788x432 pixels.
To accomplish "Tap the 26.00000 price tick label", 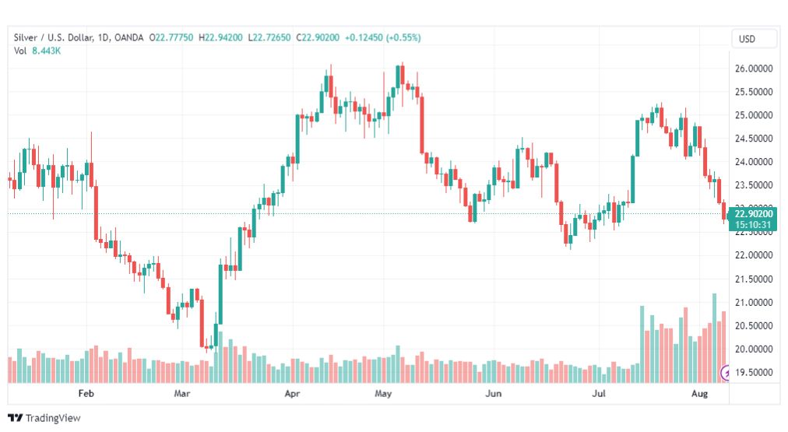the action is tap(753, 68).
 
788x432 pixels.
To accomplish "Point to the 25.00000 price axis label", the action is tap(753, 115).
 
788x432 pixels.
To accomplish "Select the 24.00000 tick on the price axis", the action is tap(753, 162).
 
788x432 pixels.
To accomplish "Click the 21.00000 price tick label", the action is tap(753, 302).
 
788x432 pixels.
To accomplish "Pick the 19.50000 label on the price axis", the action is tap(753, 372).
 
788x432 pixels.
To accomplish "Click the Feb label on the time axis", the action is tap(86, 393).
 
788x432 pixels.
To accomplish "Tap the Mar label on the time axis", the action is tap(182, 393).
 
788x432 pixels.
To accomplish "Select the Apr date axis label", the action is tap(292, 393).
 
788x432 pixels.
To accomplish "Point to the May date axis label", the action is tap(383, 393).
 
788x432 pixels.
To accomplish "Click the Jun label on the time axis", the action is tap(493, 393).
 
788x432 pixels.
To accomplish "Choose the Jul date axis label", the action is tap(599, 393).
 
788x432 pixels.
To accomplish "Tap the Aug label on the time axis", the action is tap(699, 393).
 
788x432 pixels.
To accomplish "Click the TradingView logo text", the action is tap(53, 418).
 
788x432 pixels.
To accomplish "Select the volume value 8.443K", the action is tap(46, 51).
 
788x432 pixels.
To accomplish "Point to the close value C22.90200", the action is tap(318, 37).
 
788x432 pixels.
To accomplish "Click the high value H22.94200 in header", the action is tap(220, 37).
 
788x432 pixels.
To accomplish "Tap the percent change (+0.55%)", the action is tap(403, 37).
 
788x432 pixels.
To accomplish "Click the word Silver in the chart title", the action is tap(26, 37).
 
